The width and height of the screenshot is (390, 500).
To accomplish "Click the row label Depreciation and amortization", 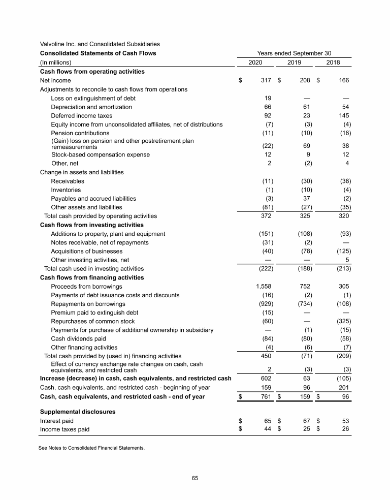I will tap(91, 107).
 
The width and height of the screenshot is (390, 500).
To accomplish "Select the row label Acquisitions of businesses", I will tap(86, 251).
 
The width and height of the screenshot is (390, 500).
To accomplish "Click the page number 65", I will tap(194, 478).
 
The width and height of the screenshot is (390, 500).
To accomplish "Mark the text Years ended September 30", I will tap(295, 53).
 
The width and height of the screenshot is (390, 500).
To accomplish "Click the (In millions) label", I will tap(56, 63).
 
